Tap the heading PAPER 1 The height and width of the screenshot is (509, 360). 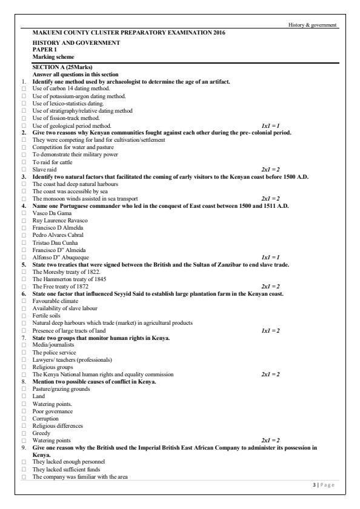click(x=43, y=50)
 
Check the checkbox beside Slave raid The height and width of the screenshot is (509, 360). click(x=23, y=169)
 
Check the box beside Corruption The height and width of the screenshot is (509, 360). click(x=23, y=418)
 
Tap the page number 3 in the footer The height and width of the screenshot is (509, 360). click(x=311, y=485)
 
